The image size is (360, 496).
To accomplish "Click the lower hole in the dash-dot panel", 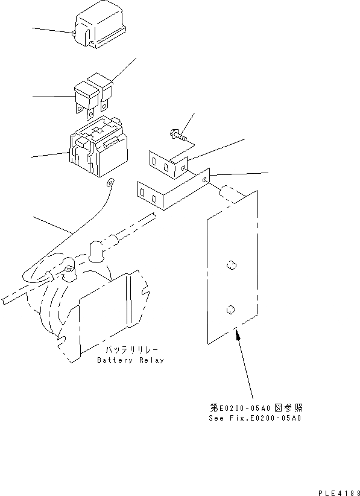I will [230, 310].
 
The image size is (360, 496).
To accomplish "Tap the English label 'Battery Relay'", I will [130, 360].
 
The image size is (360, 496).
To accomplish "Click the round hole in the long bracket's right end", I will [207, 179].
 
